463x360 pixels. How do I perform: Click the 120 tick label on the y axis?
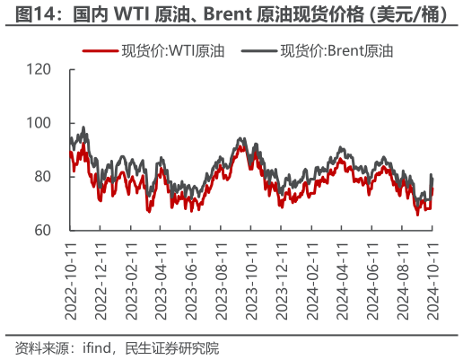tap(40, 69)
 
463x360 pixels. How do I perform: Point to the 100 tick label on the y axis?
tap(40, 123)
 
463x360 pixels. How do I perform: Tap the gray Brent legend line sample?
tap(258, 52)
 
